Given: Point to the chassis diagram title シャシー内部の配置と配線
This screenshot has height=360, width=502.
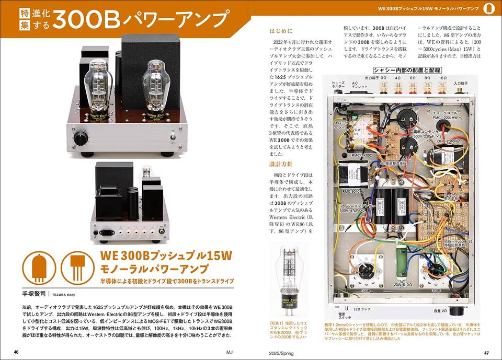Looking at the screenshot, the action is (407, 70).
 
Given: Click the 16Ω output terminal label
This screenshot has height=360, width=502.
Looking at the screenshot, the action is (442, 78).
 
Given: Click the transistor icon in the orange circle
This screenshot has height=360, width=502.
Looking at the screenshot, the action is (75, 266).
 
